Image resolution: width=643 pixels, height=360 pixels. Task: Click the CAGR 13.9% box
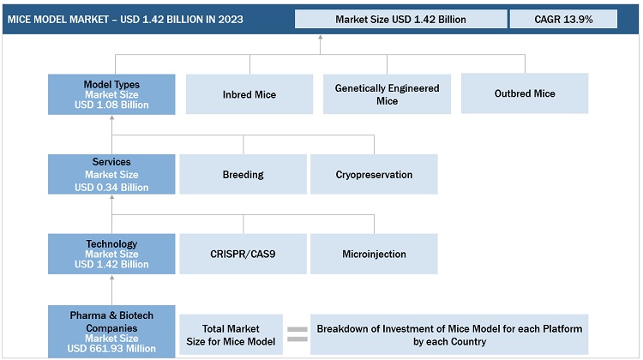tap(562, 19)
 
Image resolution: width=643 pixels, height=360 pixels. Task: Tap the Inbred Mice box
tap(249, 94)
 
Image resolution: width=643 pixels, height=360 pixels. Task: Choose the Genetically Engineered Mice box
tap(387, 94)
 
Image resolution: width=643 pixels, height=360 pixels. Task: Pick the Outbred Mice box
tap(524, 93)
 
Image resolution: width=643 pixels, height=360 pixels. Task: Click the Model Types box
tap(111, 94)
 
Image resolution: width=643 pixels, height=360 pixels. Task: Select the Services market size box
tap(111, 174)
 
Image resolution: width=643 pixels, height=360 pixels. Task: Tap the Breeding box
tap(243, 174)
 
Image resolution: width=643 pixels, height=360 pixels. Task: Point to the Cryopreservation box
tap(374, 174)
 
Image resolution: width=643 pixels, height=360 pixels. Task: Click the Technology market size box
tap(111, 254)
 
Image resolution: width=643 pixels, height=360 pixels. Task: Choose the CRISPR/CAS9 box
tap(243, 254)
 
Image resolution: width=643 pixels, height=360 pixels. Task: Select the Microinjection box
tap(374, 254)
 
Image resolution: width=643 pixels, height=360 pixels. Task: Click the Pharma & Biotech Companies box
tap(111, 331)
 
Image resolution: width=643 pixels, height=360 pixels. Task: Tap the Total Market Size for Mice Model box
tap(231, 334)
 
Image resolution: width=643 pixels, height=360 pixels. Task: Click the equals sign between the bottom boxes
tap(297, 334)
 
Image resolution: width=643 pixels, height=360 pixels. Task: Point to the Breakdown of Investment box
tap(449, 334)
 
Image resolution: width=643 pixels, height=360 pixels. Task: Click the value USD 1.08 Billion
tap(111, 105)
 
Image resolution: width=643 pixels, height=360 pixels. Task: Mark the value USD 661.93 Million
tap(111, 348)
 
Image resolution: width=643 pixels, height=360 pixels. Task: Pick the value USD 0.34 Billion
tap(111, 187)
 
